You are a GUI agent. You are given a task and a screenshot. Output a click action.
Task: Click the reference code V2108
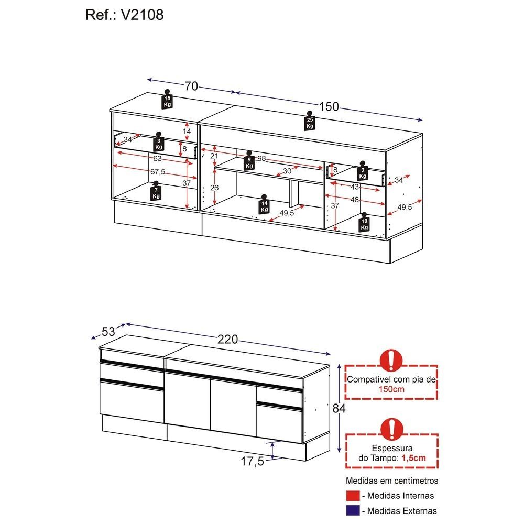(x=142, y=15)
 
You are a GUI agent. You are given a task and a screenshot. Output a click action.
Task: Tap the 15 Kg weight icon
(x=167, y=99)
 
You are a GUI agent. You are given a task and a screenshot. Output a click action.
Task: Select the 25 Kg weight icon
(x=310, y=121)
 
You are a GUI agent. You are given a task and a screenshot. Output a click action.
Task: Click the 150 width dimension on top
(x=329, y=106)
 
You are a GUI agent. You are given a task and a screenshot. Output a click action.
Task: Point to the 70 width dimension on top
(x=191, y=86)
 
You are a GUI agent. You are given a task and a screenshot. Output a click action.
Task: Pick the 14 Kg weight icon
(x=264, y=204)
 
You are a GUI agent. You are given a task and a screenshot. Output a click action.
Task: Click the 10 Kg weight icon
(x=364, y=222)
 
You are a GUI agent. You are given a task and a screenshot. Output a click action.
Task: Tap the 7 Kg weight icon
(x=156, y=191)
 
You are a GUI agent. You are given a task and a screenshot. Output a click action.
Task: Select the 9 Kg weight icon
(x=249, y=161)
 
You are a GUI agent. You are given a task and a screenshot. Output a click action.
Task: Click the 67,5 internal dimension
(x=157, y=172)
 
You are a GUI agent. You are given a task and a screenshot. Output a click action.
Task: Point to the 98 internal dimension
(x=261, y=158)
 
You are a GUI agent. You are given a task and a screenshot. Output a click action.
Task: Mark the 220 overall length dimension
(x=227, y=340)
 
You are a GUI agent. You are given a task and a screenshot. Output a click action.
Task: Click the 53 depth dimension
(x=108, y=332)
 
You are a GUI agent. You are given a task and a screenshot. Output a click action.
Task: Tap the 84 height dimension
(x=339, y=408)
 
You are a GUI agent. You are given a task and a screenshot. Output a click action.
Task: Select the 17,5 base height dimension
(x=253, y=462)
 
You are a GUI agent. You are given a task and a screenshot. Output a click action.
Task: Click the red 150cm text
(x=391, y=389)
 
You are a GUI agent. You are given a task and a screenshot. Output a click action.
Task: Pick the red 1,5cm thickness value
(x=414, y=458)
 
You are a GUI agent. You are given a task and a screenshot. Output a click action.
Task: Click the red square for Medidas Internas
(x=353, y=496)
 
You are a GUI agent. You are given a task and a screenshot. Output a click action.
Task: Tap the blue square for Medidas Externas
(x=353, y=510)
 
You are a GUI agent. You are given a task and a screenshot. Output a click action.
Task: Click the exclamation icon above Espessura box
(x=391, y=429)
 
